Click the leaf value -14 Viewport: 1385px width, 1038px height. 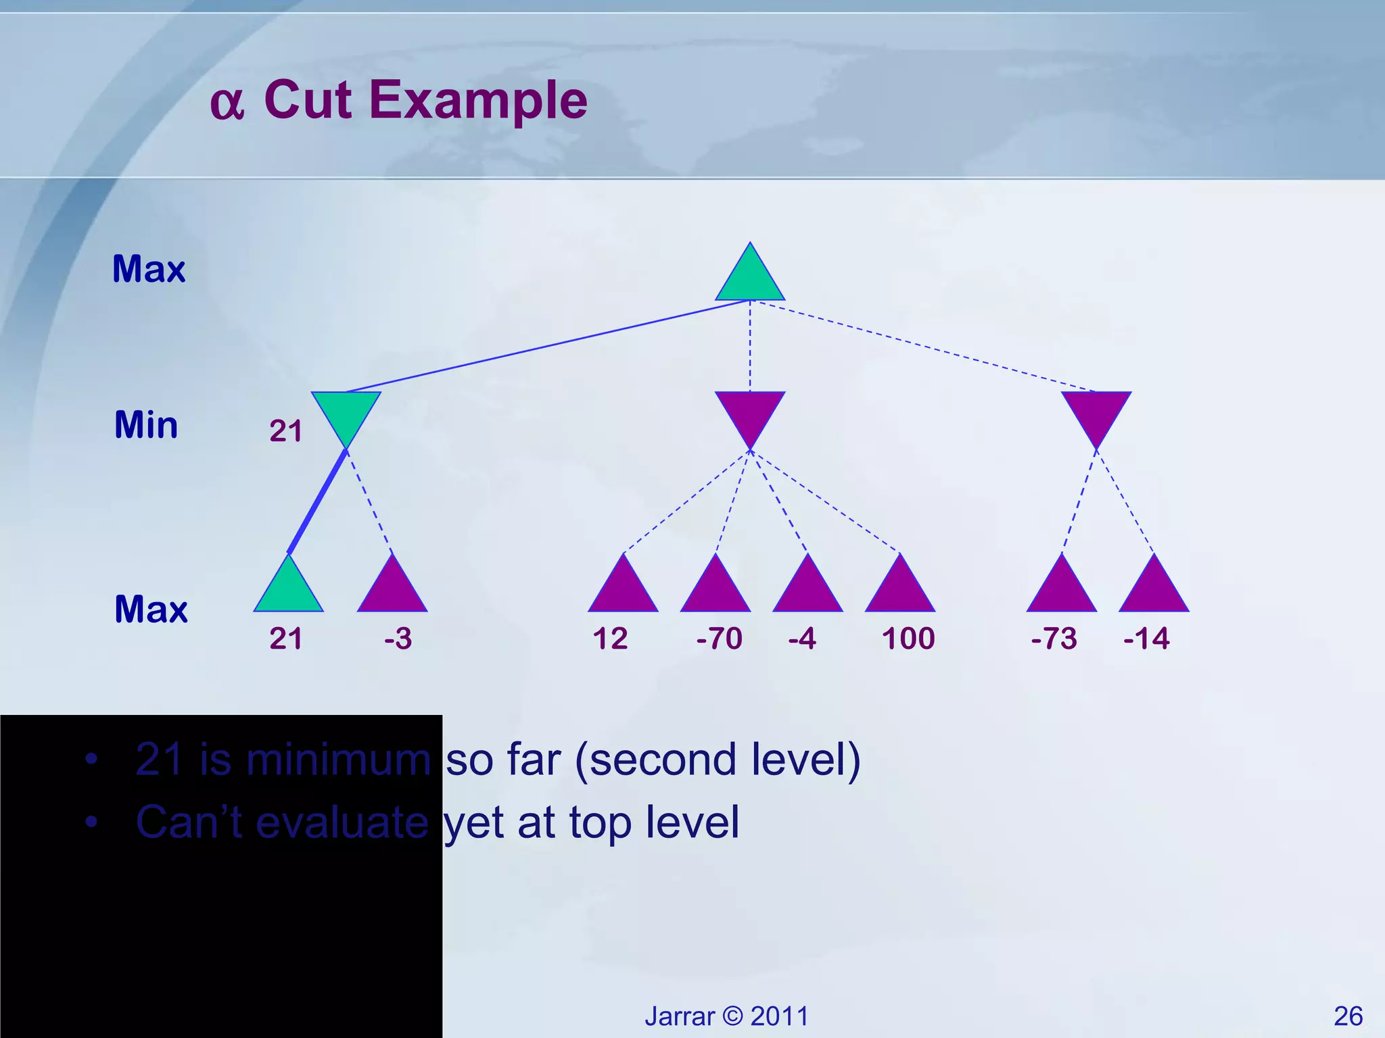1146,639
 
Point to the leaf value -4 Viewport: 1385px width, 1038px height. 802,639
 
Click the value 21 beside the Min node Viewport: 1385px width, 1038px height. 285,431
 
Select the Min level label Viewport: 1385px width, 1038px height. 146,425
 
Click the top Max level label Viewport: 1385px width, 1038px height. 149,269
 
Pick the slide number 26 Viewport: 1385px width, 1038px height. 1348,1016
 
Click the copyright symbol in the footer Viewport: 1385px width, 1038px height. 732,1016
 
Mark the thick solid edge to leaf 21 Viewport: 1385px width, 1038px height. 318,501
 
